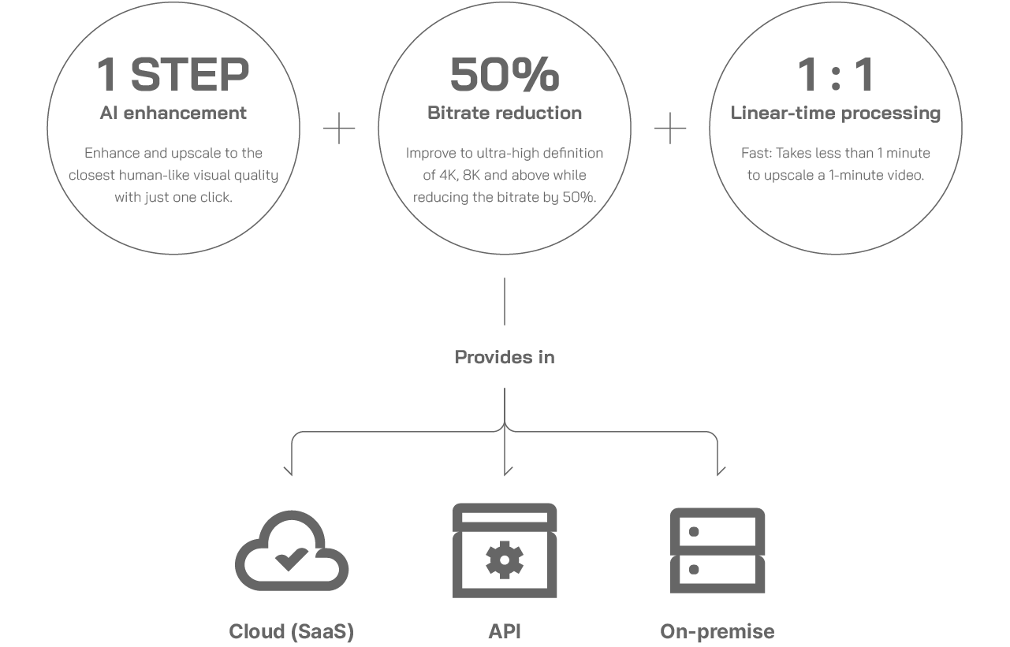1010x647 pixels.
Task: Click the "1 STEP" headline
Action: (x=173, y=74)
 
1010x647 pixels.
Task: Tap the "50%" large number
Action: (x=505, y=74)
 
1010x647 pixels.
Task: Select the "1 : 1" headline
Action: (x=836, y=74)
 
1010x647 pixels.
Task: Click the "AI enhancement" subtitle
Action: (x=173, y=113)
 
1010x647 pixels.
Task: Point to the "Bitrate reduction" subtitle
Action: (x=505, y=113)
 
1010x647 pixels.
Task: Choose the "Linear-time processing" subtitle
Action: (x=836, y=113)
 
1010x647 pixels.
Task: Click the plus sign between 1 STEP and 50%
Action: (x=339, y=128)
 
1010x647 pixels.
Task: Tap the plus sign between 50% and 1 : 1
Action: (x=670, y=128)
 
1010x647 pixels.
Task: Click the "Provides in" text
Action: (x=505, y=357)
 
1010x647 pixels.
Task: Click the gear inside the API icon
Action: (x=505, y=560)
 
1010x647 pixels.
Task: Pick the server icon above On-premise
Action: (x=717, y=551)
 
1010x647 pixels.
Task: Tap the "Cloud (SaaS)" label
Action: (x=291, y=631)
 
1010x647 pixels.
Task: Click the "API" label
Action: (x=505, y=631)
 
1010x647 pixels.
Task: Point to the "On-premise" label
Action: (x=717, y=632)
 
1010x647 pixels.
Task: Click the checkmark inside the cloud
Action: (x=291, y=560)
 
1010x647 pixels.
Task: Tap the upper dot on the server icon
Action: (x=694, y=532)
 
